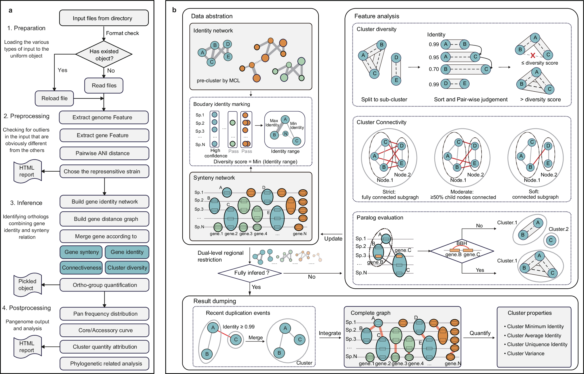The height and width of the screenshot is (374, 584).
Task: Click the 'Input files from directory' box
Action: point(104,18)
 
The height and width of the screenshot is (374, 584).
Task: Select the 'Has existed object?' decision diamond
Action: point(104,55)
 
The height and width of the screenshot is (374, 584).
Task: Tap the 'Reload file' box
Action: point(54,98)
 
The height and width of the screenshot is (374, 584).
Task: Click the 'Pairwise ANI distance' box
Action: point(104,153)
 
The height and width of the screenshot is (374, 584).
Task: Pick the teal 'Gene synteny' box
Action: point(82,252)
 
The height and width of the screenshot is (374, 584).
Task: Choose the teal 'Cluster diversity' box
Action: point(127,268)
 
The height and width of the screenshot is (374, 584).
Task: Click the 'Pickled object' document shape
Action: point(27,285)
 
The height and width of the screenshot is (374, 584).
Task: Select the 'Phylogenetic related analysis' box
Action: point(104,364)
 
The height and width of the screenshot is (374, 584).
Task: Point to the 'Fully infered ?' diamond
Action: point(250,273)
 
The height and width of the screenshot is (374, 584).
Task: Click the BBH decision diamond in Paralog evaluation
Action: point(462,251)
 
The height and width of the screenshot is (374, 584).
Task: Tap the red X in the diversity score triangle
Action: point(533,56)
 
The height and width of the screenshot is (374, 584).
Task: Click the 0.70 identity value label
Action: point(434,69)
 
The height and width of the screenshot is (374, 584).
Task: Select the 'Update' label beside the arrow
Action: point(333,239)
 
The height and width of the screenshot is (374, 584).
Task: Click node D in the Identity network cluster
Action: point(227,44)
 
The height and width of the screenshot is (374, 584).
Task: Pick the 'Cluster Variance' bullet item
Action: point(525,354)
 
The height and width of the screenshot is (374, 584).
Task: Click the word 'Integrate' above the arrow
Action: point(330,333)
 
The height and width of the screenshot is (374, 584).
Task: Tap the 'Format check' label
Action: point(122,33)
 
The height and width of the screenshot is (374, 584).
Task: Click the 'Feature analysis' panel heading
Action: point(377,16)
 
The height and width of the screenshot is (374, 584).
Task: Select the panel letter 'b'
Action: point(174,10)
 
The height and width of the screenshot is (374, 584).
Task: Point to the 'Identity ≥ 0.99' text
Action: point(238,327)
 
